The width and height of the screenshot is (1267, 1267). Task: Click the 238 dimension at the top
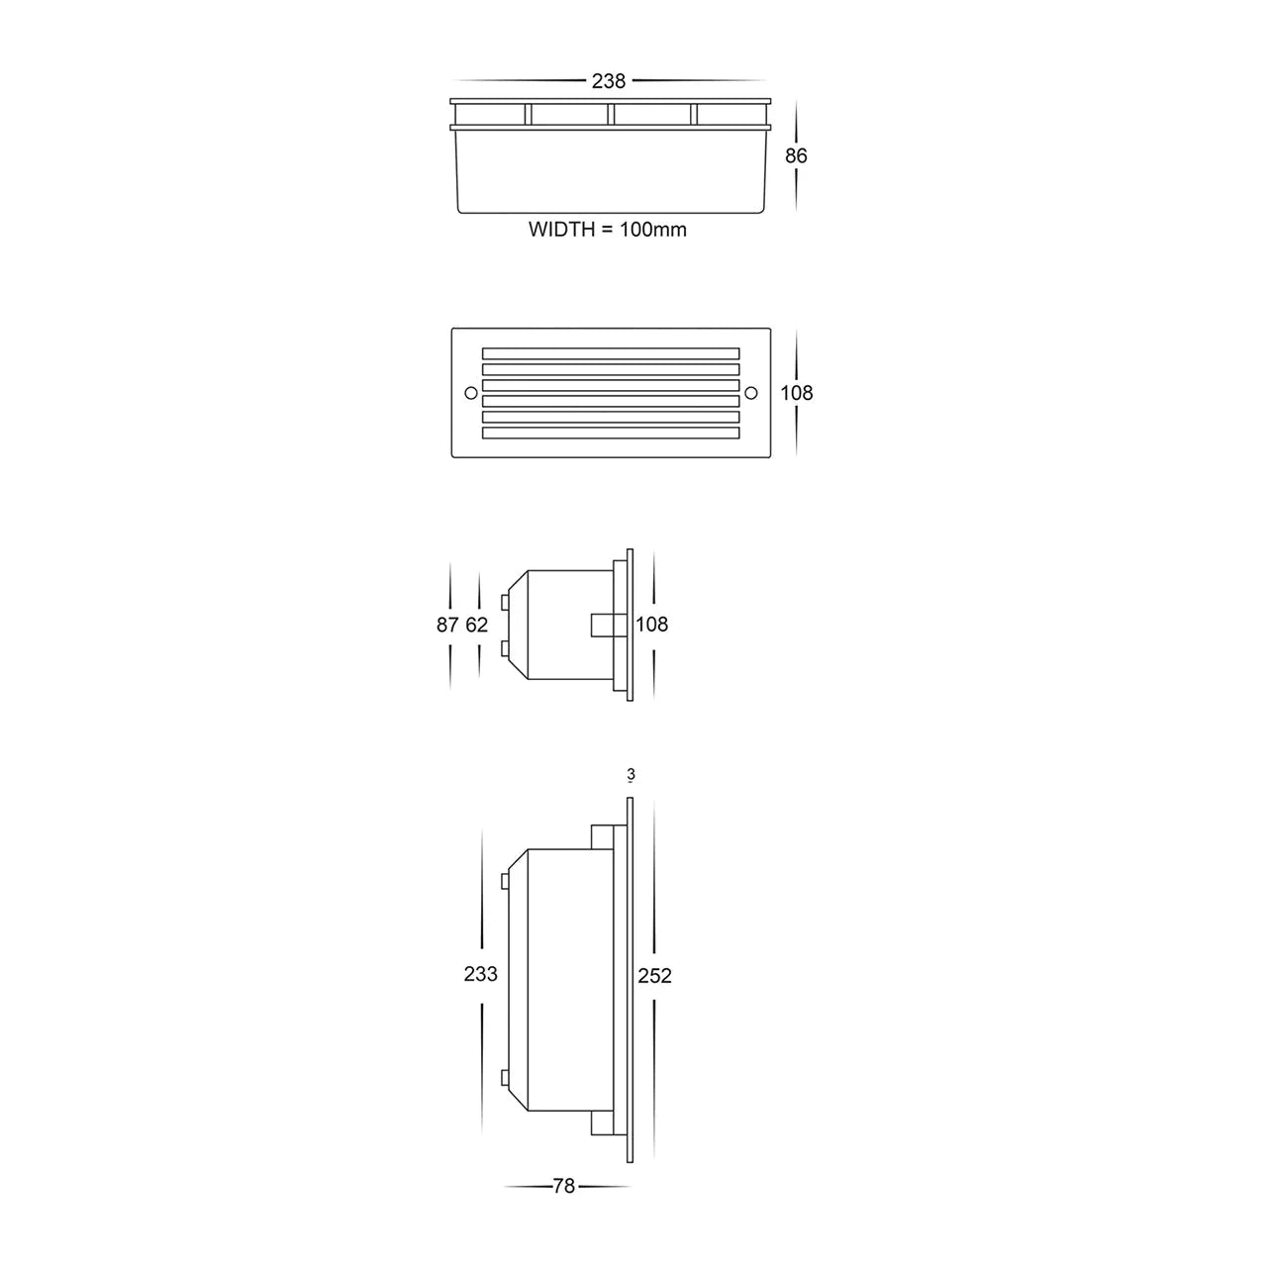click(x=608, y=81)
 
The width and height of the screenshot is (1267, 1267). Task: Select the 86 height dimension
click(x=796, y=155)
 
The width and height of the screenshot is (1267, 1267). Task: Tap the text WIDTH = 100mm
click(x=608, y=230)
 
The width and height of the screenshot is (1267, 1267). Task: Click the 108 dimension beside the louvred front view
click(x=796, y=393)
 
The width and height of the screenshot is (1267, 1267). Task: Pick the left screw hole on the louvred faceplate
click(x=470, y=393)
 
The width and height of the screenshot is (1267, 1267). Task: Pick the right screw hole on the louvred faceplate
click(x=749, y=393)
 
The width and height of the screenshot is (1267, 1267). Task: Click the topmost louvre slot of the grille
click(x=611, y=353)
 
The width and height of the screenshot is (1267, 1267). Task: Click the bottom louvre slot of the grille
click(x=611, y=433)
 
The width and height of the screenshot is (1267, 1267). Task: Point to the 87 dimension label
click(x=447, y=625)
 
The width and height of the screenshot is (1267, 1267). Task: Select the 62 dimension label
click(x=477, y=625)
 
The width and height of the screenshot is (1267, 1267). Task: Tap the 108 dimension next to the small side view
click(x=652, y=625)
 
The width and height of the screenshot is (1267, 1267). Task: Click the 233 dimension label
click(x=481, y=974)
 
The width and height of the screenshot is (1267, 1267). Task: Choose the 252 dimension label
click(x=654, y=976)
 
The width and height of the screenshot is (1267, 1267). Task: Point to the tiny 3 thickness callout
click(x=630, y=775)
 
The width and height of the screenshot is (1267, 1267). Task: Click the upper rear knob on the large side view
click(x=506, y=881)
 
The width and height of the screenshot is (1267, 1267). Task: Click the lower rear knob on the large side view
click(x=506, y=1079)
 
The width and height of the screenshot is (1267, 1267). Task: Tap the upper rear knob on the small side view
click(x=506, y=602)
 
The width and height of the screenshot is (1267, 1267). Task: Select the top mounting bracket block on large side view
click(x=603, y=837)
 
